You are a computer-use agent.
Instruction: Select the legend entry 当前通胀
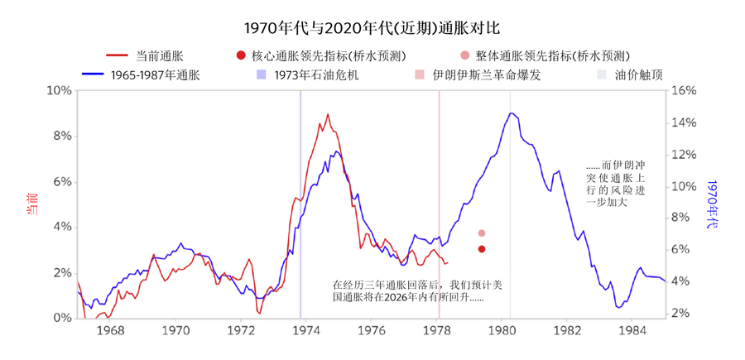click(x=155, y=56)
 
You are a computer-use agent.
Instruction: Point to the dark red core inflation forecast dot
click(x=482, y=249)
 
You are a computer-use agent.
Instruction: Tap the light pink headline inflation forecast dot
click(x=482, y=233)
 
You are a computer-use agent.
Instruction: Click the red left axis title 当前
click(x=32, y=204)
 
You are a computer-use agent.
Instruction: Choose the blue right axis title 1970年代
click(x=714, y=204)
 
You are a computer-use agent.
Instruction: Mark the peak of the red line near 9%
click(x=328, y=114)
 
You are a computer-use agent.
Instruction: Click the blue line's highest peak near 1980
click(x=511, y=113)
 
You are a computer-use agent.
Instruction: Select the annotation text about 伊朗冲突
click(x=614, y=183)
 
